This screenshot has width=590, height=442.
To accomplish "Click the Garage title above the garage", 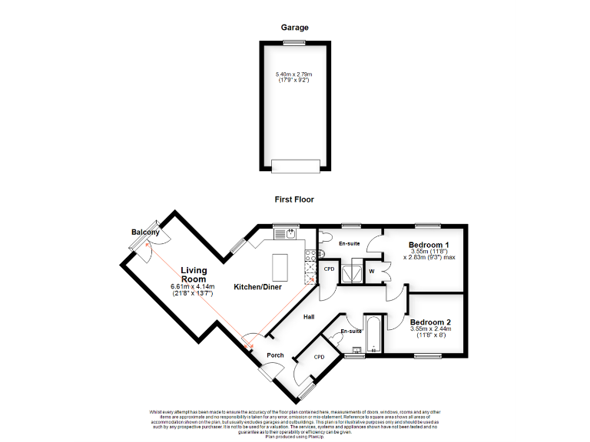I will point(294,27).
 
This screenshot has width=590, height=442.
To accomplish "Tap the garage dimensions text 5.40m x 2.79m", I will point(294,74).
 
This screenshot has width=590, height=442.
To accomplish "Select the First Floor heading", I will point(294,200).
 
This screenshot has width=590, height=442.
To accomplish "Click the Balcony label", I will point(145,233).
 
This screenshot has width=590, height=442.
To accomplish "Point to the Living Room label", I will point(194,275).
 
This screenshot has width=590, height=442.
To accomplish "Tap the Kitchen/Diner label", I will point(258,287).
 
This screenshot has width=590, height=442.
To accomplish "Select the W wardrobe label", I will point(372,270).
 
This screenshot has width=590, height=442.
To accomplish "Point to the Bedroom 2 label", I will point(430,322).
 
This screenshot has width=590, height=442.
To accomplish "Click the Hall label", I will point(308,316).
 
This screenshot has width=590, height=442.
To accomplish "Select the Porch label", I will point(275,355).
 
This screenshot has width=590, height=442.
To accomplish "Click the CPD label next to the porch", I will point(320,358).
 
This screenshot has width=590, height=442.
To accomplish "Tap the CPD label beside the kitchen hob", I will point(329,269).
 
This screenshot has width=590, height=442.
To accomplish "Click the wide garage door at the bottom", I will point(294,165).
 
